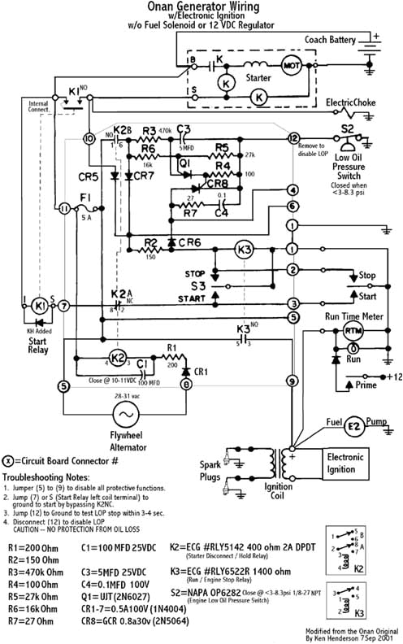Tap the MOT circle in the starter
click(291, 64)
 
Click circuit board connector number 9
click(292, 381)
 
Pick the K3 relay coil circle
click(244, 248)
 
